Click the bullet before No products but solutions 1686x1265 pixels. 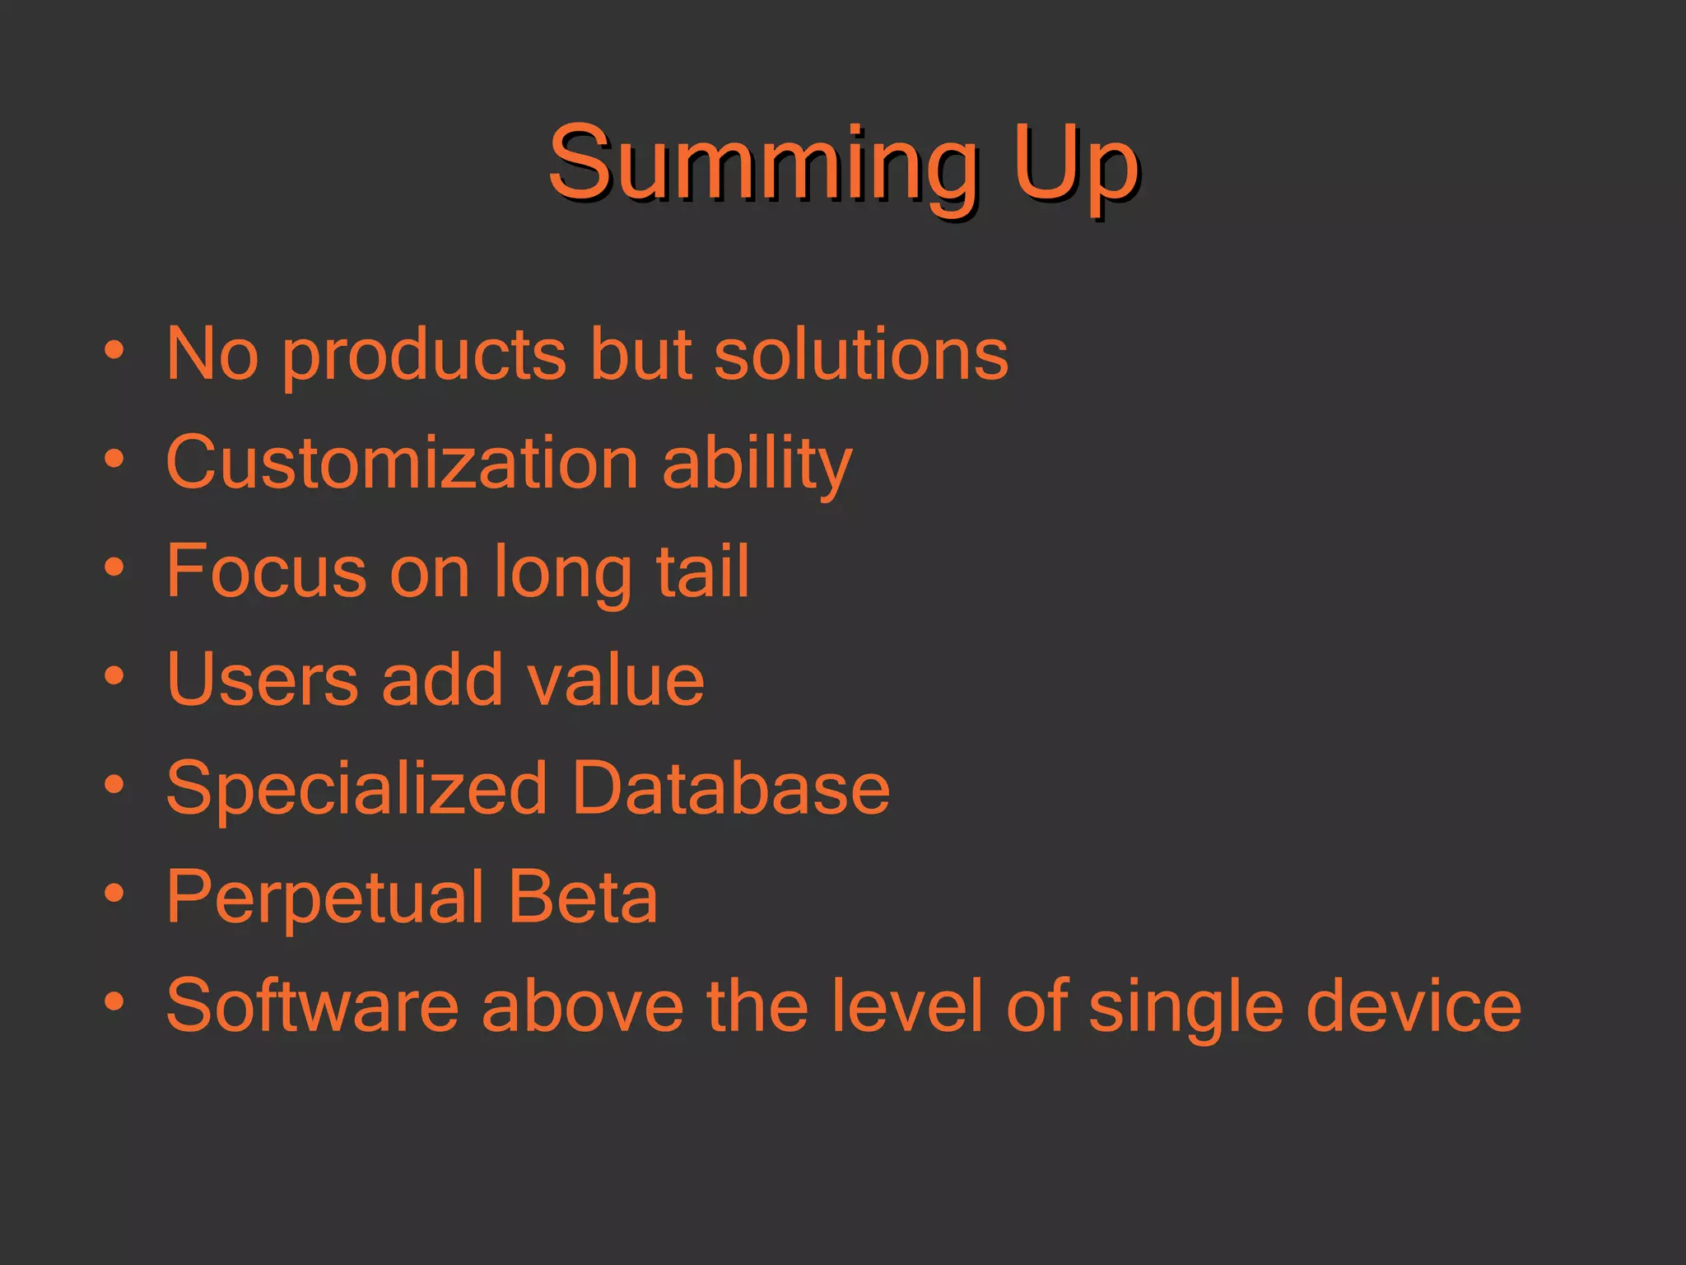(x=114, y=350)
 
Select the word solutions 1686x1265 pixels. (x=860, y=354)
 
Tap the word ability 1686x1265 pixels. (x=757, y=465)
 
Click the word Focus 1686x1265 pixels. (x=266, y=571)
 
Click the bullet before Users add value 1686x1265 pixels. (x=114, y=676)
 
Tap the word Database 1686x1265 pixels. (x=730, y=788)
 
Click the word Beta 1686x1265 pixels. (x=582, y=897)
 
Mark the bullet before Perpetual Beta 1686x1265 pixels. (x=114, y=893)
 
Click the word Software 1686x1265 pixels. (x=312, y=1006)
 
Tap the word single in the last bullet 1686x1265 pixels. (x=1185, y=1010)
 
